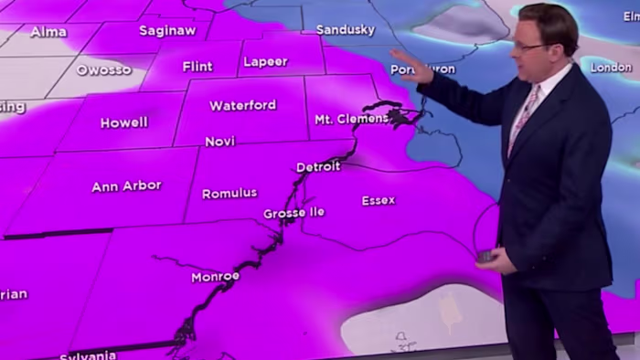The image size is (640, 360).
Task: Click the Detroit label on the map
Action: [x=318, y=167]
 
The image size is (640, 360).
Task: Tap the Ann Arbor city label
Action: [x=126, y=186]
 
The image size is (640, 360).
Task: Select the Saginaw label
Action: [x=167, y=31]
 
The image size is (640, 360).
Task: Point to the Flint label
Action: [x=197, y=67]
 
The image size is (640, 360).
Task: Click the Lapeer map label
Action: [x=265, y=62]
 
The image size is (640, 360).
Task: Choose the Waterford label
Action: [x=242, y=105]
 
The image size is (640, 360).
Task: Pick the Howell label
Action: [x=123, y=122]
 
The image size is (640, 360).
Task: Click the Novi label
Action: [x=219, y=142]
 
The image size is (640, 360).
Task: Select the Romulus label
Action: [x=229, y=194]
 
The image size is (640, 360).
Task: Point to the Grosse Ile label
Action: [x=293, y=213]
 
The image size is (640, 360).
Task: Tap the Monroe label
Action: [x=215, y=277]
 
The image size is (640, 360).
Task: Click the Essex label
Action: [x=378, y=200]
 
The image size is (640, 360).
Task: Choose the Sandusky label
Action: [x=345, y=30]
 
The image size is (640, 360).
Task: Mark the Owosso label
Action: [x=103, y=70]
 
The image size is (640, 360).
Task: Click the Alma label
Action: [x=48, y=32]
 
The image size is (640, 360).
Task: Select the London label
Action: [x=611, y=68]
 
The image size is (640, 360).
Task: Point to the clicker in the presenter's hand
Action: [x=485, y=258]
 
